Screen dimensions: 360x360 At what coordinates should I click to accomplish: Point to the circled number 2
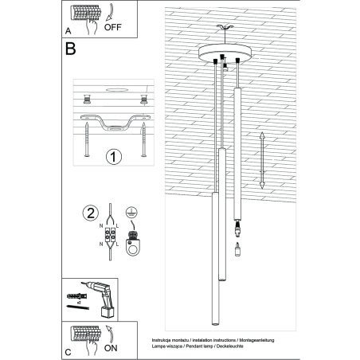[x=90, y=213]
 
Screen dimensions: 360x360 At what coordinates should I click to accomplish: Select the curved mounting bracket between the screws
[x=115, y=126]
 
